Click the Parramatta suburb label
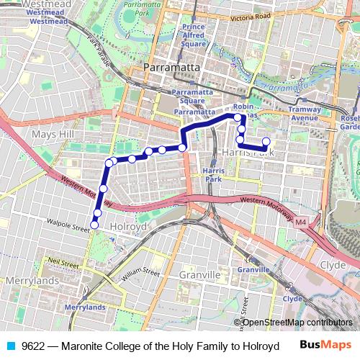coord(166,67)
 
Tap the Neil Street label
coord(63,263)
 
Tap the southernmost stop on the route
coord(94,226)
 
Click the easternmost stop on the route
coord(266,142)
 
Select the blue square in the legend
coord(12,346)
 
